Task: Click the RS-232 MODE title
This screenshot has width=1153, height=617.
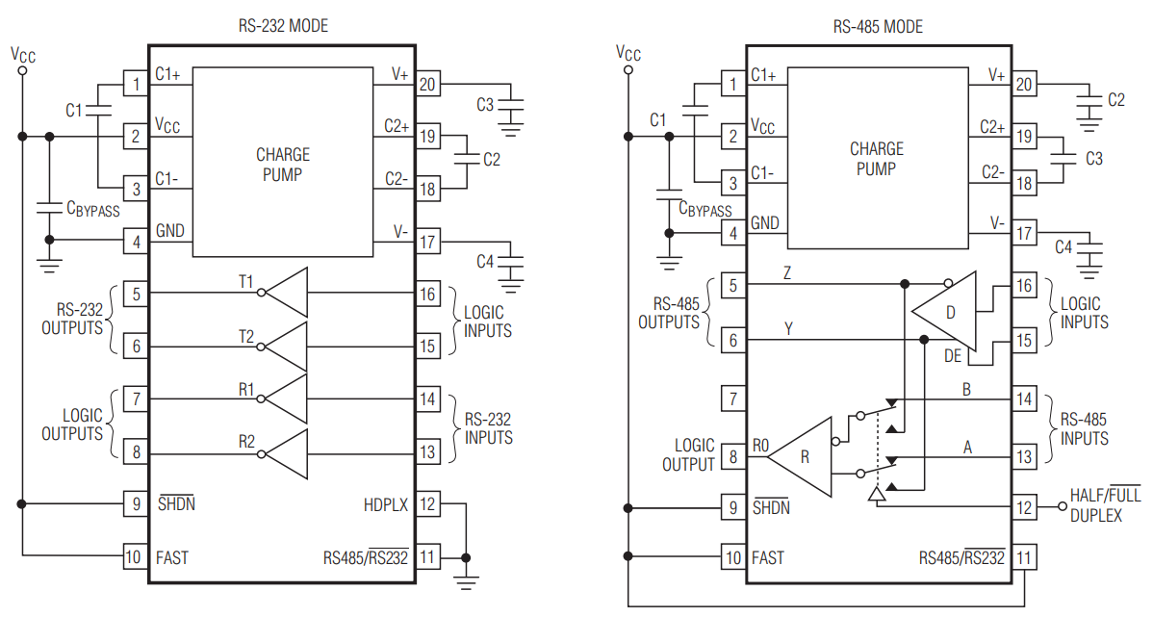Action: click(283, 26)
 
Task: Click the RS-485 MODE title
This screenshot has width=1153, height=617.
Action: click(878, 27)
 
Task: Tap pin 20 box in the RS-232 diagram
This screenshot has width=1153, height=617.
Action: click(427, 85)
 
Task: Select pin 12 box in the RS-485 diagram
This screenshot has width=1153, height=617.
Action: click(1024, 506)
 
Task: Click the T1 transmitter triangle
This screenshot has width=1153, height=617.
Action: click(285, 293)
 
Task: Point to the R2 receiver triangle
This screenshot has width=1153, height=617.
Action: click(285, 453)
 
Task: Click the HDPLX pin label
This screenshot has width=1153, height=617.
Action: click(385, 505)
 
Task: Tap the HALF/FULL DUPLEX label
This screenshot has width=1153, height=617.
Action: click(1105, 505)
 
